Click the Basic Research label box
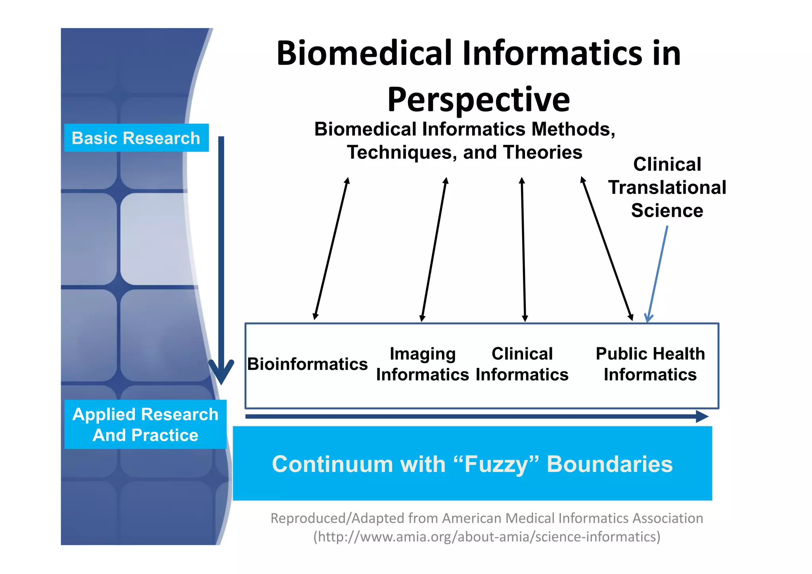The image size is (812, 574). (136, 138)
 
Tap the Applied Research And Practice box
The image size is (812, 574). (145, 424)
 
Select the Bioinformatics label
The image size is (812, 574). (307, 364)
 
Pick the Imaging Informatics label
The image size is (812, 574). (422, 364)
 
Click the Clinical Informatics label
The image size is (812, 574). (522, 364)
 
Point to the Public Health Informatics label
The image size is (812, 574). (650, 364)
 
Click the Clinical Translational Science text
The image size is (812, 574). (667, 187)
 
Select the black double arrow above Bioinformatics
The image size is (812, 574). (331, 249)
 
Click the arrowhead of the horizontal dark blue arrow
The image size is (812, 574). (703, 416)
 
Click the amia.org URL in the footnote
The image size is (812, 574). (487, 537)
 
